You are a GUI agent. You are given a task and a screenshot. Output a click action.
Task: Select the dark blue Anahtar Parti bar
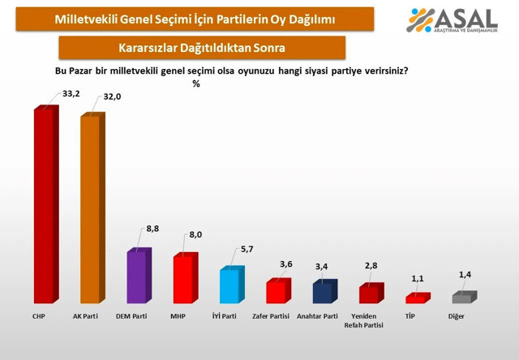[x=322, y=293]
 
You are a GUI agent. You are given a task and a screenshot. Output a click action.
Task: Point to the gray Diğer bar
[x=461, y=298]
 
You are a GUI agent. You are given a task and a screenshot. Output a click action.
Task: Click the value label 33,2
[x=71, y=93]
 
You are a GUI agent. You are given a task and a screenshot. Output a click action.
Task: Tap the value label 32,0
[x=114, y=98]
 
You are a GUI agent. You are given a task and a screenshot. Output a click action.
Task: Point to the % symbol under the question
[x=195, y=83]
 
